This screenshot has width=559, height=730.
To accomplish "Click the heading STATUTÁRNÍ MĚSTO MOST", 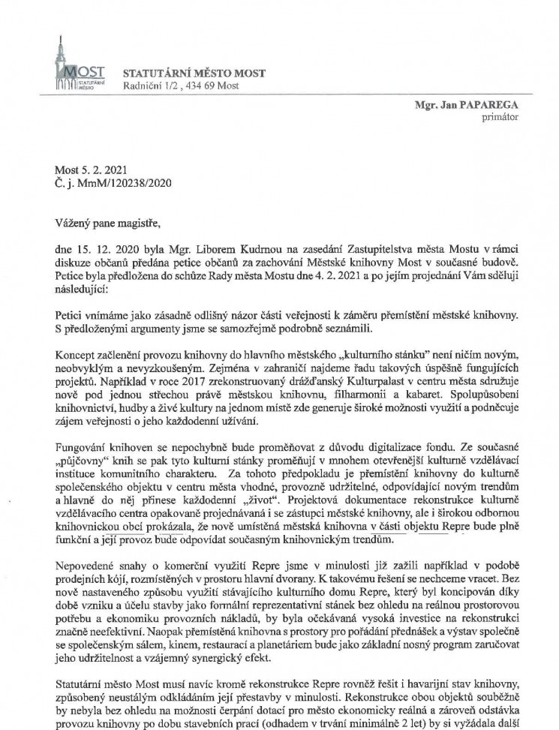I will (x=190, y=73).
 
